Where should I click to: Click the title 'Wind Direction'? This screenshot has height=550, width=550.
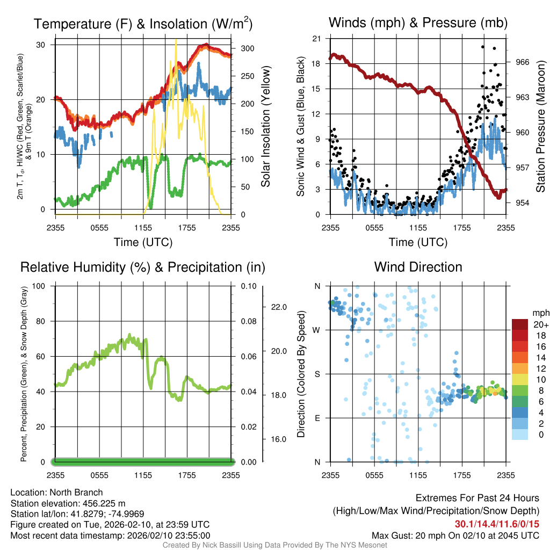418,267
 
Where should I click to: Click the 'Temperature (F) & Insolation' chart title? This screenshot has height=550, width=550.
143,24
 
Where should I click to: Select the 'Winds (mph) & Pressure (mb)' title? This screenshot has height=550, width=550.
418,23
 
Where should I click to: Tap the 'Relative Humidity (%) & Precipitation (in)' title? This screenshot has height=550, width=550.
143,267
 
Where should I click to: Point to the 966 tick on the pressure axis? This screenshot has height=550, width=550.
523,62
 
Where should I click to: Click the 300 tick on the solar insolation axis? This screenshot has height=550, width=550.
248,48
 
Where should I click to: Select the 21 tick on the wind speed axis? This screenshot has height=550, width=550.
316,38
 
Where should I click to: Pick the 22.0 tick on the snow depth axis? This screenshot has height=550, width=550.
278,307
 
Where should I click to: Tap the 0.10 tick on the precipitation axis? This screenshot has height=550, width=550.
248,286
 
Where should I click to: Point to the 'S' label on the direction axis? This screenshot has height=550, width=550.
317,374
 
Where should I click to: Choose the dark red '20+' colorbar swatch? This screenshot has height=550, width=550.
520,325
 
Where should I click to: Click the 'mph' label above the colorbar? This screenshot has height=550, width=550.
540,313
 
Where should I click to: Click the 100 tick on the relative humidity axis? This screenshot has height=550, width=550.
44,286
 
